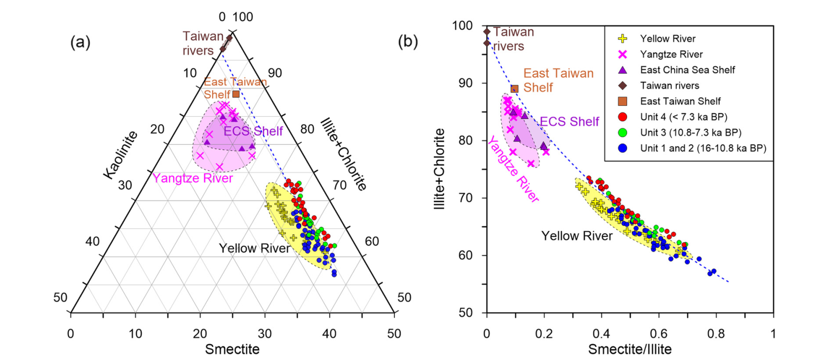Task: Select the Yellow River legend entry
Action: coord(666,38)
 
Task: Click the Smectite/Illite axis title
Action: coord(630,348)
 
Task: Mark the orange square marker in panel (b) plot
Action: coord(514,88)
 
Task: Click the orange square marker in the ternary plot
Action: coord(236,94)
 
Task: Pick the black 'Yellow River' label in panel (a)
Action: coord(254,248)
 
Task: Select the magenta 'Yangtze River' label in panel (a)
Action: coord(193,178)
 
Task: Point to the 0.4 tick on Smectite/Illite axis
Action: coord(601,333)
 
